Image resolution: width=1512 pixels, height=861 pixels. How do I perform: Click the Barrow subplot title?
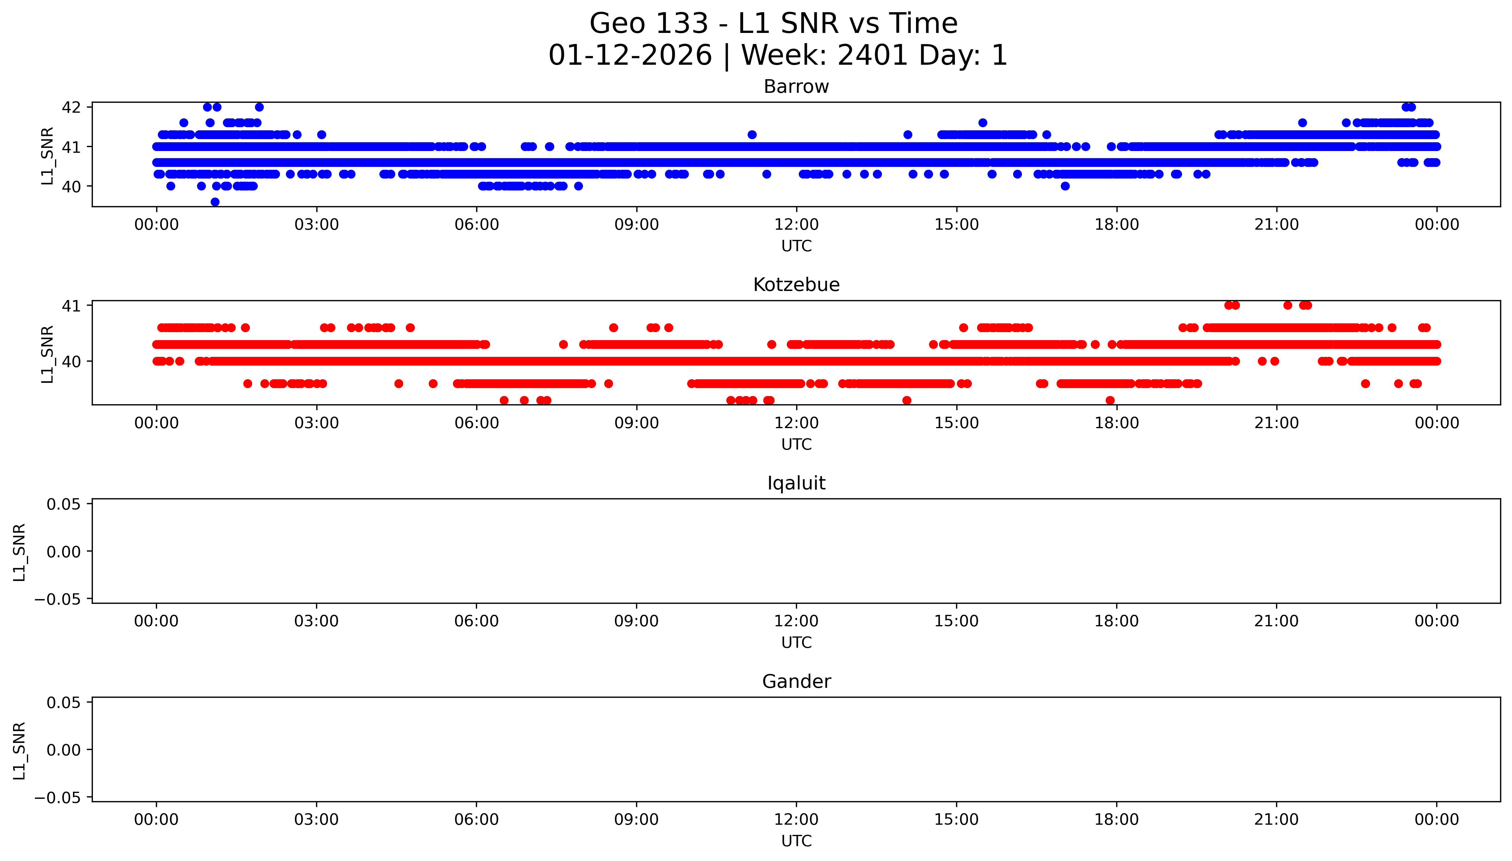coord(796,87)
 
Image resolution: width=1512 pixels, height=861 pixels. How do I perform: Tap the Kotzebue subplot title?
coord(796,285)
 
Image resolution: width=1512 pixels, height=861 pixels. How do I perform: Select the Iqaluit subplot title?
coord(796,483)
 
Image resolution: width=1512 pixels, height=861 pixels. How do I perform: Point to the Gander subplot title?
coord(796,682)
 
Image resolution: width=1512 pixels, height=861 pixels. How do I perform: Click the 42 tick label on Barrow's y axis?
coord(71,107)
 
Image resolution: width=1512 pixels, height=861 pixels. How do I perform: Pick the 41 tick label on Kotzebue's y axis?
coord(71,306)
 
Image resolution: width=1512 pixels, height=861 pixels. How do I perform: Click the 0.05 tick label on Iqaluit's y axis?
coord(64,504)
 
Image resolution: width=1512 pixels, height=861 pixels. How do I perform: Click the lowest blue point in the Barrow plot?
coord(215,202)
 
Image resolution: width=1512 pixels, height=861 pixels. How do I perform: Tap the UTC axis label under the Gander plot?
coord(796,841)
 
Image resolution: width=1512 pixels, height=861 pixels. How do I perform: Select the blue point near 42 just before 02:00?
coord(259,107)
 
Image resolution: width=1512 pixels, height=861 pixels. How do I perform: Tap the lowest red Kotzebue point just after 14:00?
coord(907,400)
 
